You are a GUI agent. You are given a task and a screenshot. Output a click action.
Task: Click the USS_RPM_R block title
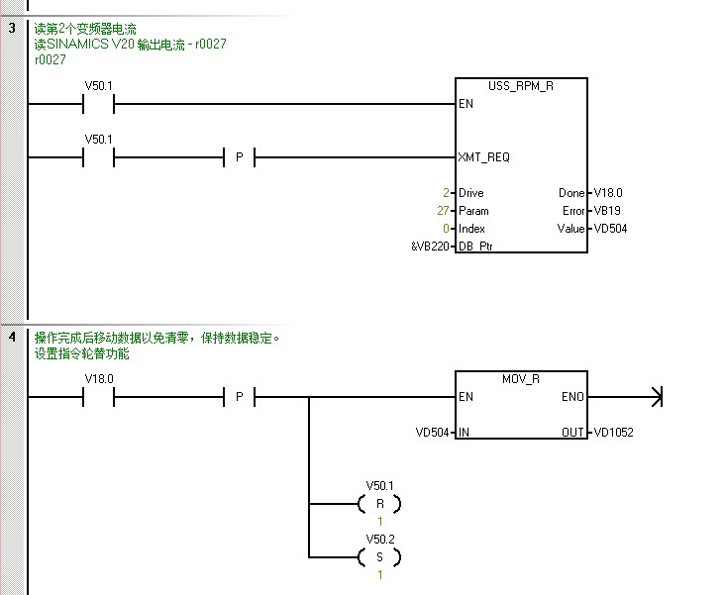(x=521, y=87)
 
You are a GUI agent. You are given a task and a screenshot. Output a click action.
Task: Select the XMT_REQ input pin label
(x=484, y=157)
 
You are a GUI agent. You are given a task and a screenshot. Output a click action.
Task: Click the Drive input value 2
(x=447, y=193)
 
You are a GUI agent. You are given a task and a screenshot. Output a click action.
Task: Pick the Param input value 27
(x=444, y=211)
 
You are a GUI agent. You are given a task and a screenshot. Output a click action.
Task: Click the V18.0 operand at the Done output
(x=608, y=193)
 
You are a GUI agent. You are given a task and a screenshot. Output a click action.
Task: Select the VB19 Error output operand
(x=606, y=211)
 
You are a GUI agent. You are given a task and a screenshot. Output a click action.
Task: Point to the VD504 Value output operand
(x=609, y=229)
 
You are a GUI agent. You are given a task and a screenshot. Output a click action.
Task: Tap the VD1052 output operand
(x=612, y=433)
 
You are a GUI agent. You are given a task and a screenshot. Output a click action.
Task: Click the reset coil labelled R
(x=379, y=504)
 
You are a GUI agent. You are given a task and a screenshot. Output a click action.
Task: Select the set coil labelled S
(x=379, y=558)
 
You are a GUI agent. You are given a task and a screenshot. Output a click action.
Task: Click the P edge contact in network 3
(x=239, y=157)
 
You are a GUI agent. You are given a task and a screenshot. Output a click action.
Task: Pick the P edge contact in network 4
(x=239, y=398)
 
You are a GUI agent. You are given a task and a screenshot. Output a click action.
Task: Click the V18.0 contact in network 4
(x=99, y=398)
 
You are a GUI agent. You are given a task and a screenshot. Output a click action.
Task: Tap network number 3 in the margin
(x=12, y=28)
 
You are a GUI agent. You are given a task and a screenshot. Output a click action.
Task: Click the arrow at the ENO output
(x=654, y=398)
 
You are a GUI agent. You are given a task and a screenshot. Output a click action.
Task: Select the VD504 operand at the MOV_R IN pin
(x=432, y=433)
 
